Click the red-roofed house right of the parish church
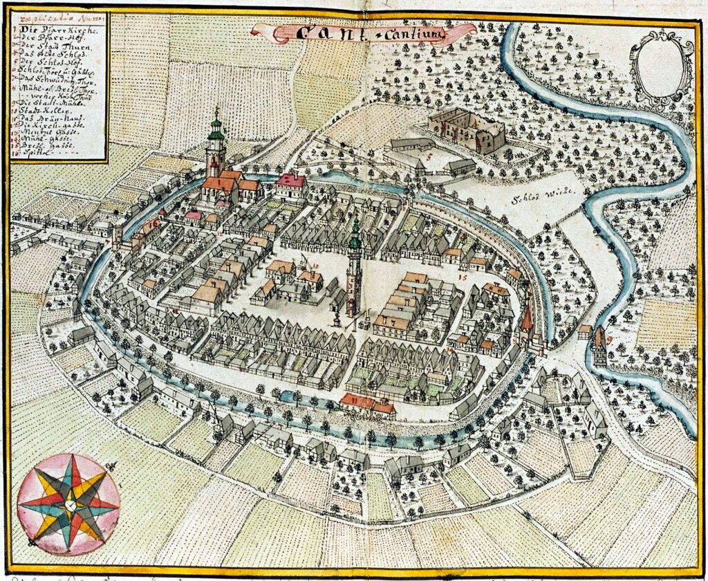[291, 182]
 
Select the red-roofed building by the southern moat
[367, 404]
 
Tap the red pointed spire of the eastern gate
[527, 320]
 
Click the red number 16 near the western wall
[153, 223]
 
